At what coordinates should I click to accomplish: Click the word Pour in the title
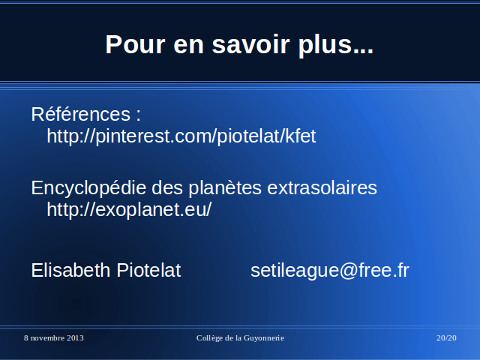click(136, 44)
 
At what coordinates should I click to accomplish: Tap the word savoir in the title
click(250, 44)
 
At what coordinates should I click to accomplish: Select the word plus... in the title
click(336, 46)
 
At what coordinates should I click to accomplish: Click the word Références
click(81, 114)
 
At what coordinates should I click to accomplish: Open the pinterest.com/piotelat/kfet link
click(181, 136)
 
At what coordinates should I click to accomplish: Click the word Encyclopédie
click(88, 188)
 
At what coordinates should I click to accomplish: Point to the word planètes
click(225, 188)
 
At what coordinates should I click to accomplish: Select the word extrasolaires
click(322, 187)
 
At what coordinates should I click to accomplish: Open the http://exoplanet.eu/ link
click(129, 210)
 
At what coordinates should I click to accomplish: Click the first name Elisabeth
click(70, 270)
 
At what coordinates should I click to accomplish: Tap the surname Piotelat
click(148, 270)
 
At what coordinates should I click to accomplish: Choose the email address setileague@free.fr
click(330, 270)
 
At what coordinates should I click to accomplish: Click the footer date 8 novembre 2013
click(54, 338)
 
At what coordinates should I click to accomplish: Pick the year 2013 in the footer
click(75, 338)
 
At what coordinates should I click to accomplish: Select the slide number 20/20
click(446, 338)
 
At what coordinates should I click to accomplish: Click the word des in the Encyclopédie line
click(167, 188)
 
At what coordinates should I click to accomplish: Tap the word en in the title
click(188, 46)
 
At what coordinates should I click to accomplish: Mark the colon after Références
click(138, 115)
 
